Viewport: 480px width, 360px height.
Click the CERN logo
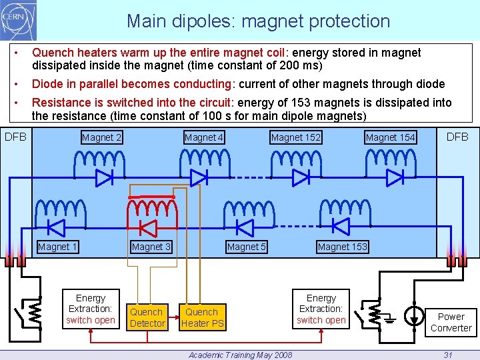[19, 21]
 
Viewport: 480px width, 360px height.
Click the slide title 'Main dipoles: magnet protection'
[258, 21]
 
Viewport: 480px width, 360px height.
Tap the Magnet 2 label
[101, 138]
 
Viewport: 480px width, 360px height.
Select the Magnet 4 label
[204, 138]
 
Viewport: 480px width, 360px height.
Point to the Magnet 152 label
[295, 138]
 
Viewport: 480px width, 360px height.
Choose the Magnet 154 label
[390, 138]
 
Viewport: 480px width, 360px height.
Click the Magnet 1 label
[58, 247]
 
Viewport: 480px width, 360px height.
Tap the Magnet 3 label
[151, 247]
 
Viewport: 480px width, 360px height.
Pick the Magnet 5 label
[247, 247]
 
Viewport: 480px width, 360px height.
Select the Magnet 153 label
[342, 247]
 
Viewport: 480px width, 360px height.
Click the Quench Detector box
[147, 317]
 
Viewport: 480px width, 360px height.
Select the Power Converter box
[451, 322]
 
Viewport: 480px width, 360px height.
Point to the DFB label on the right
[457, 137]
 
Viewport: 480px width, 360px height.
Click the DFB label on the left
[16, 137]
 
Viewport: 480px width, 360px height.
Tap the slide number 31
[448, 355]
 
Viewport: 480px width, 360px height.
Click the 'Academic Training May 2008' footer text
[240, 355]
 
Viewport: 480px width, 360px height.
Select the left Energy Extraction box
[90, 309]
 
